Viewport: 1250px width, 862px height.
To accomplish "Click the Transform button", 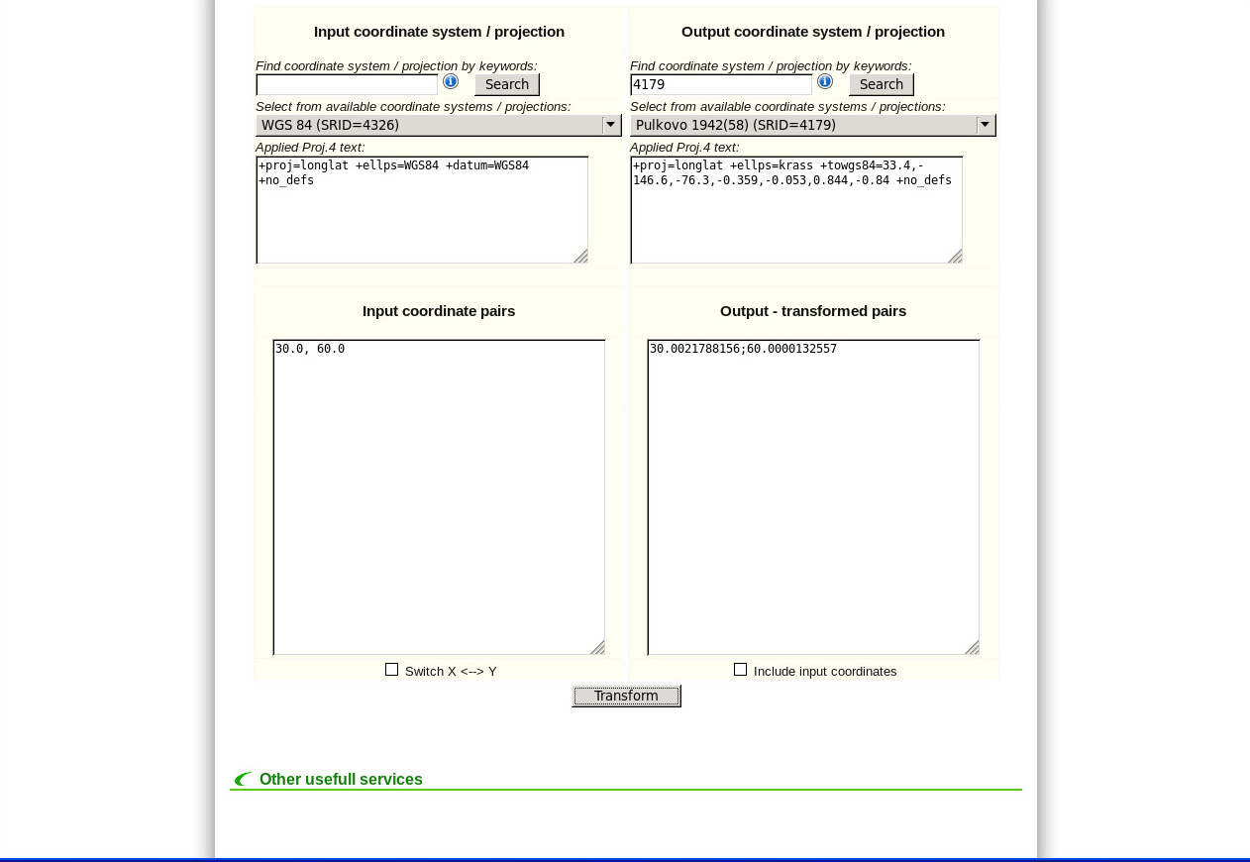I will click(x=626, y=696).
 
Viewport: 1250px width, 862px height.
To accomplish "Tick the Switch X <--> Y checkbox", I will click(x=391, y=670).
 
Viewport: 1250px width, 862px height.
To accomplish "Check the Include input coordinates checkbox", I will click(x=740, y=670).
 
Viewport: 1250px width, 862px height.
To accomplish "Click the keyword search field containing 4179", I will click(x=720, y=85).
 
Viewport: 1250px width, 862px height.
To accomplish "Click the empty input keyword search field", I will click(x=346, y=85).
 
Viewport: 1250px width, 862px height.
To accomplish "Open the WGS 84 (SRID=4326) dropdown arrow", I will click(x=611, y=125).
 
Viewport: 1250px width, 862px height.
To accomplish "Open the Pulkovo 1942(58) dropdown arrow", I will click(x=985, y=125).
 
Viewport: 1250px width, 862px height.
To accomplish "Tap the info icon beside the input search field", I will click(x=451, y=81).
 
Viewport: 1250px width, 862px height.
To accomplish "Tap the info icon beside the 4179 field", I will click(x=825, y=81).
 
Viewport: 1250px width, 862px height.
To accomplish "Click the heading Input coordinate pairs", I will click(x=439, y=311).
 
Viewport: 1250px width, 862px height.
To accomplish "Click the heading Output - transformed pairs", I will click(x=813, y=311).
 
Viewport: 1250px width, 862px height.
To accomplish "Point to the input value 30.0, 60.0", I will click(x=310, y=349).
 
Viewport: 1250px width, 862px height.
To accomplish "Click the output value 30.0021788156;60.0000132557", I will click(x=743, y=349).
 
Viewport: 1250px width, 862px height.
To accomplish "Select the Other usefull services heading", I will click(x=341, y=780).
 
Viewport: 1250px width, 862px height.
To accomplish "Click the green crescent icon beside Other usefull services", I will click(x=242, y=780).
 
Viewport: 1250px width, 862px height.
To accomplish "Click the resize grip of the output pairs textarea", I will click(x=972, y=647).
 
